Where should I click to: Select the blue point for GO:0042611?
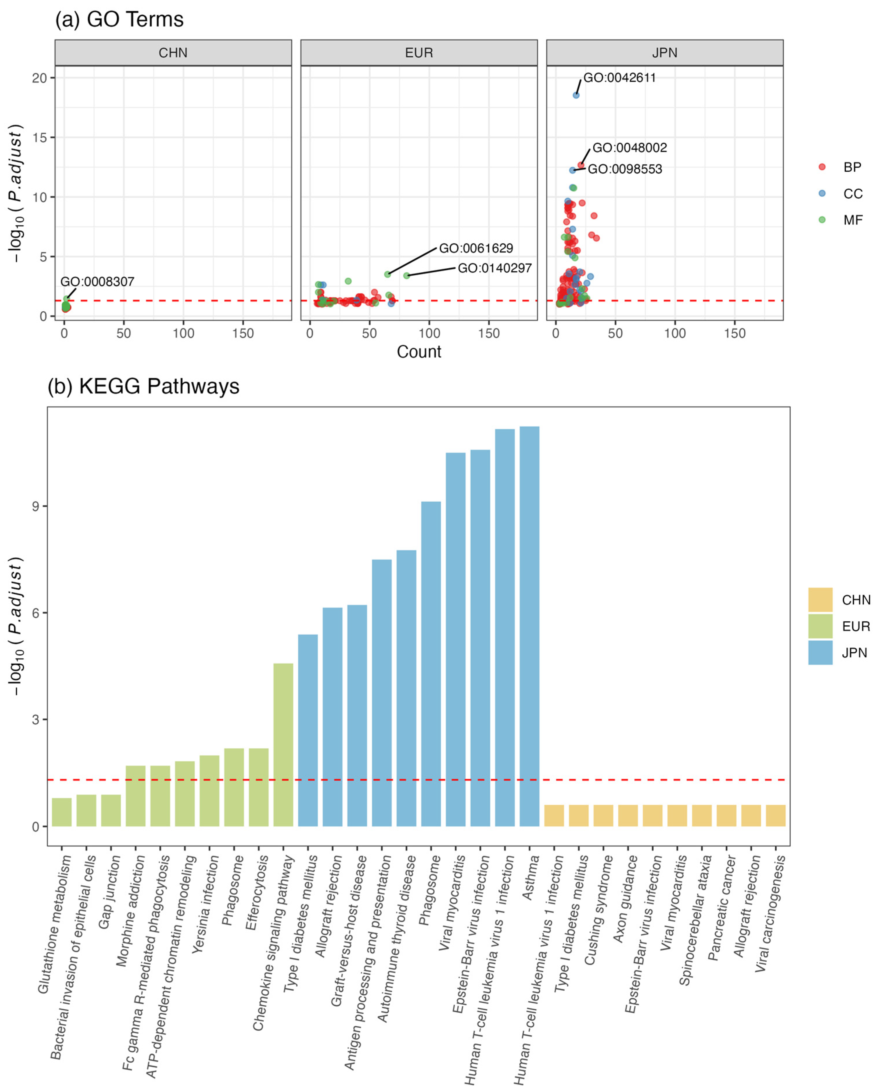(576, 95)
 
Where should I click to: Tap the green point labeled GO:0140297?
(407, 276)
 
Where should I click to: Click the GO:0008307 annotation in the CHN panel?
(97, 282)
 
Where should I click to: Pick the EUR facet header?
(419, 53)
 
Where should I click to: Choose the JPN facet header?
(664, 53)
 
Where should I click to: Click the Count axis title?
(419, 351)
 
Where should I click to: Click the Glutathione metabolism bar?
(62, 812)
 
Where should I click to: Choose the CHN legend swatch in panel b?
(820, 600)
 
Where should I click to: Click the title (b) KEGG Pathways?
(143, 387)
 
